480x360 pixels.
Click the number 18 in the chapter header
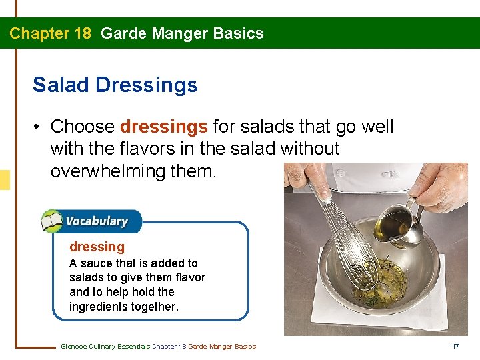pyautogui.click(x=81, y=33)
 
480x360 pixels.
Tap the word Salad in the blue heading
pyautogui.click(x=60, y=85)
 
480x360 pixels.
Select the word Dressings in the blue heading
pyautogui.click(x=147, y=85)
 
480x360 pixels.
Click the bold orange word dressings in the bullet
pyautogui.click(x=164, y=127)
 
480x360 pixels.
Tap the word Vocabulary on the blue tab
pyautogui.click(x=97, y=221)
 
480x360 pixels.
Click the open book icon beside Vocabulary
pyautogui.click(x=52, y=221)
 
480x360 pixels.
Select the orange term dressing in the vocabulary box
pyautogui.click(x=97, y=247)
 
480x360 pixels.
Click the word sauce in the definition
pyautogui.click(x=101, y=263)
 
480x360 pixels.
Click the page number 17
pyautogui.click(x=456, y=346)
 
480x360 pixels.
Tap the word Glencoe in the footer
pyautogui.click(x=73, y=346)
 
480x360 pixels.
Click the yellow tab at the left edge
pyautogui.click(x=5, y=180)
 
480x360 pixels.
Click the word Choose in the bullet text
pyautogui.click(x=83, y=127)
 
